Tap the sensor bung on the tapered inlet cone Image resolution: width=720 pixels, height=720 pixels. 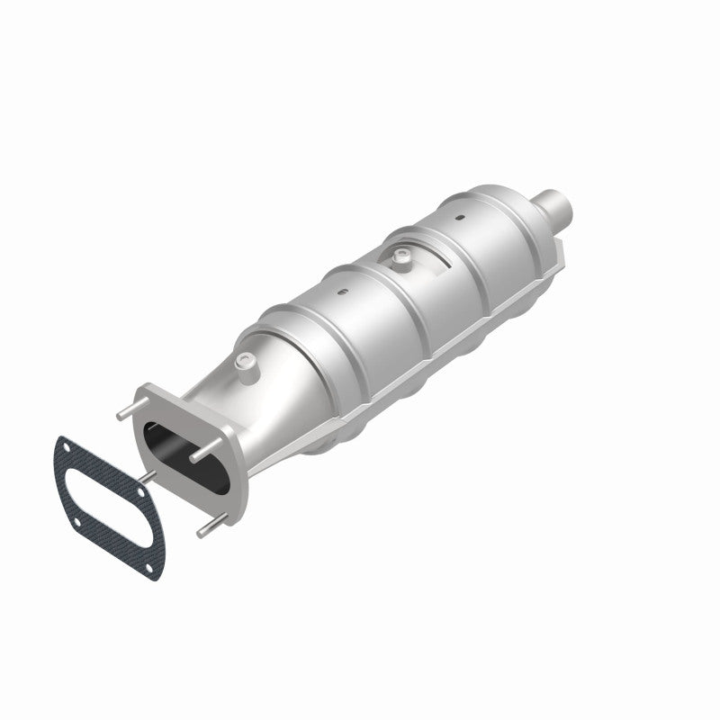pos(245,362)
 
